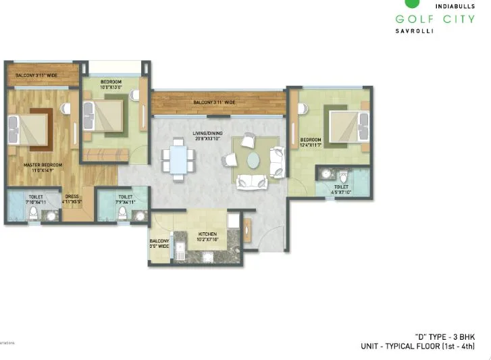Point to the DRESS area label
72,199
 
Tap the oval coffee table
253,160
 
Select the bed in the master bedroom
28,128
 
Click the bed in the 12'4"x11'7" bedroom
348,126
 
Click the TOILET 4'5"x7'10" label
341,189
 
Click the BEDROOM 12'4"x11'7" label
311,143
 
